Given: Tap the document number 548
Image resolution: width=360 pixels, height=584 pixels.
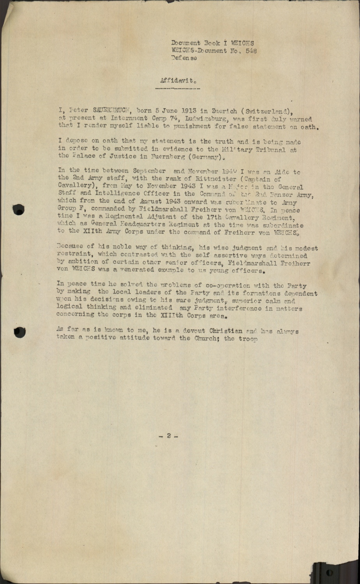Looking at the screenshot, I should click(x=251, y=51).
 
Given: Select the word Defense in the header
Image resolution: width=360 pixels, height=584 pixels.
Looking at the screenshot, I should click(x=184, y=58).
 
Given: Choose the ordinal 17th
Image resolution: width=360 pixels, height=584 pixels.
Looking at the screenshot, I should click(x=206, y=218).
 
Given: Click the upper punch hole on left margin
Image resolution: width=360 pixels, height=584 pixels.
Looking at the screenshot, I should click(x=18, y=209).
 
